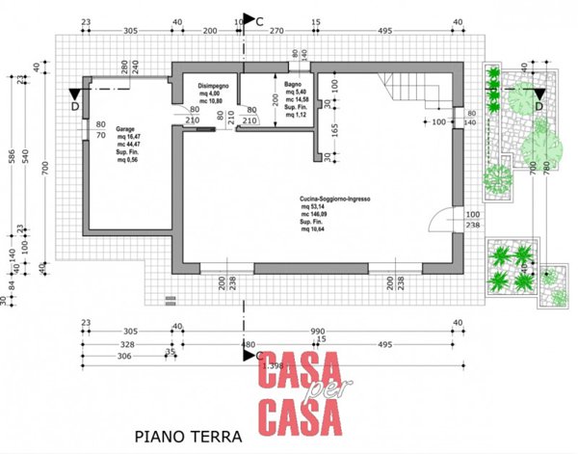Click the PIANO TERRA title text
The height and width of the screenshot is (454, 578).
189,437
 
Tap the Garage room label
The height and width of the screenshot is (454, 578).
125,128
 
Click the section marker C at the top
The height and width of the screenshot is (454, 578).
252,19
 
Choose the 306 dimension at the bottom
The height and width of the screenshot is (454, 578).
123,355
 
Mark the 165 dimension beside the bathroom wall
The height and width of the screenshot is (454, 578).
336,129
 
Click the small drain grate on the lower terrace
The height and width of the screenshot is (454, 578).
171,300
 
